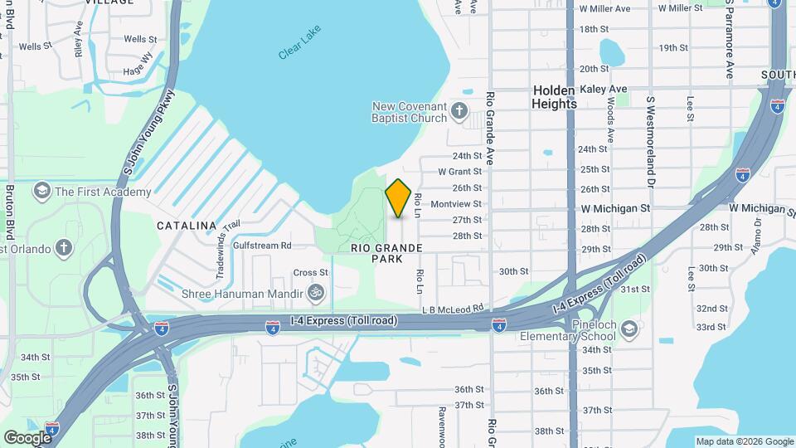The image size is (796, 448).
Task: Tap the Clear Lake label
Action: [299, 41]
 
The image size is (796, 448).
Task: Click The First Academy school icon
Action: [41, 192]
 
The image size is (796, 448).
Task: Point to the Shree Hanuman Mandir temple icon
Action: [314, 293]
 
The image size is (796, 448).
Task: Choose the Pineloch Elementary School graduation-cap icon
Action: [629, 329]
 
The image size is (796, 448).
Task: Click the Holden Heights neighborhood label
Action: [555, 97]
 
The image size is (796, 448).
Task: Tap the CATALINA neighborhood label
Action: [187, 226]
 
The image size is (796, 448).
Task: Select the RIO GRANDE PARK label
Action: [387, 253]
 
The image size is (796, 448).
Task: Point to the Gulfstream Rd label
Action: [262, 246]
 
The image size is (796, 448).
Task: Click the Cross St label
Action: [311, 272]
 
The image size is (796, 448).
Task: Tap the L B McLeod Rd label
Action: [452, 309]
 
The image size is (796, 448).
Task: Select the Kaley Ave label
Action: [604, 89]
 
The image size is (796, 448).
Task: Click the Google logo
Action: [27, 437]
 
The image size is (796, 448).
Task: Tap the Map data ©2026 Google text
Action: [744, 441]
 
